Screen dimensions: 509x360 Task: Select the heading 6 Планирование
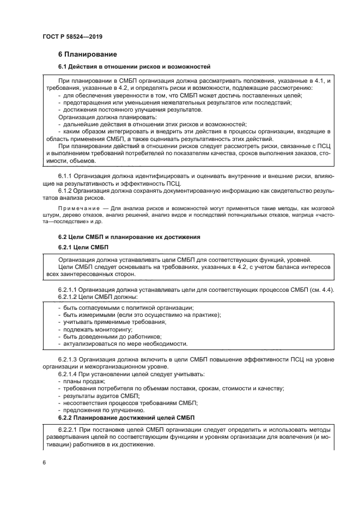(87, 54)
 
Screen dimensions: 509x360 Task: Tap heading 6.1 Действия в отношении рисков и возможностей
(134, 66)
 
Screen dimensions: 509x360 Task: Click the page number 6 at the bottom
(44, 462)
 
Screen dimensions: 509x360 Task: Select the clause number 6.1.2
(65, 191)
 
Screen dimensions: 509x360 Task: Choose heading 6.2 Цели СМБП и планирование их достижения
(129, 237)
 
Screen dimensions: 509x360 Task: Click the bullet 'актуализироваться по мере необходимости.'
(125, 344)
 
